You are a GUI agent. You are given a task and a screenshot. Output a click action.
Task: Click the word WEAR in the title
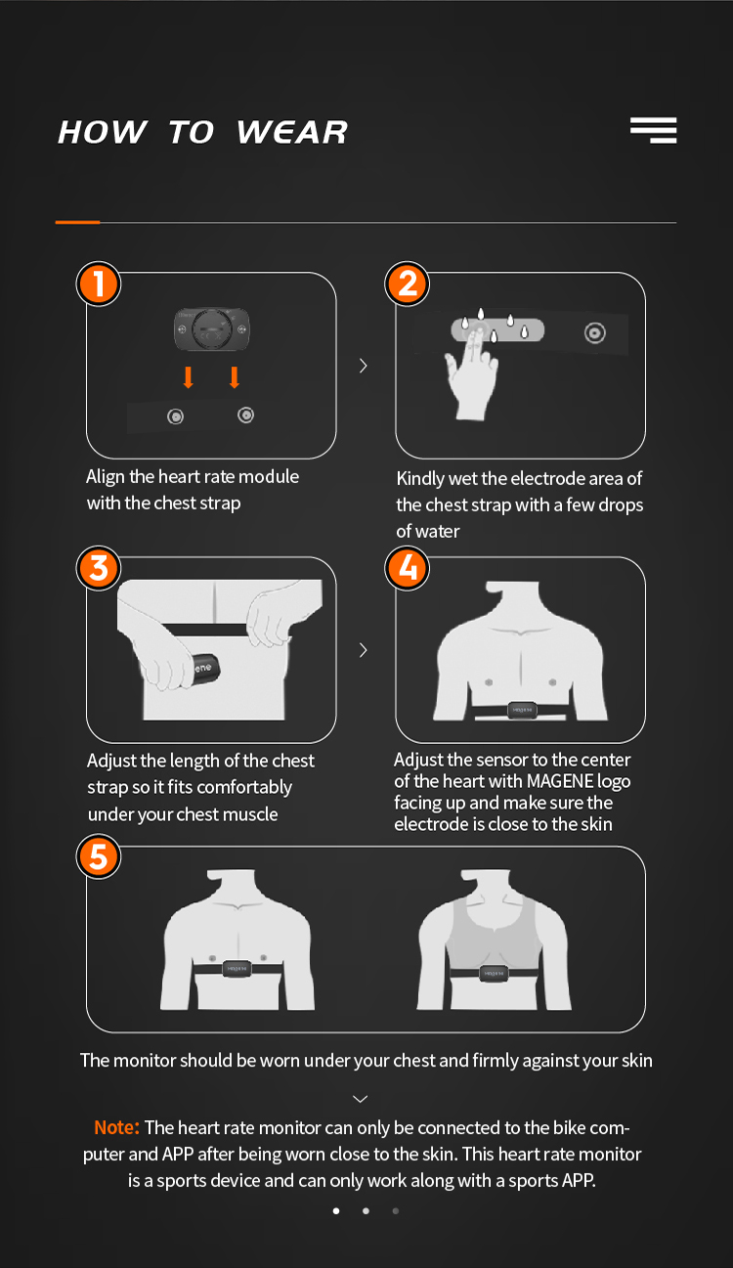[291, 132]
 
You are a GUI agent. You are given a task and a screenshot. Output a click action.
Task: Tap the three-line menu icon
[653, 130]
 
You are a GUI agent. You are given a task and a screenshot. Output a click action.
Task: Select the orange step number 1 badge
[99, 284]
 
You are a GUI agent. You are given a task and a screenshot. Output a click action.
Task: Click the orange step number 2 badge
[407, 284]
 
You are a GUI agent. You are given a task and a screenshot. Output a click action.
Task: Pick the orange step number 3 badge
[99, 568]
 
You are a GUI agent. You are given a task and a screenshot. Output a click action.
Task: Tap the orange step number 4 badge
[407, 568]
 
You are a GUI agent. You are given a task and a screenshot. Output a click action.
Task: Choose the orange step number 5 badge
[99, 855]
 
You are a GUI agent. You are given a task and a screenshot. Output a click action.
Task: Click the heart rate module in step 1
[212, 328]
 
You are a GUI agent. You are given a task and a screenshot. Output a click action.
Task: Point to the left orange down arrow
[189, 377]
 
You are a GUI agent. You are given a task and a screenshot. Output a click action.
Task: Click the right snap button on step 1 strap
[245, 415]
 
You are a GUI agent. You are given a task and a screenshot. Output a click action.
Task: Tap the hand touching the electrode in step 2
[471, 373]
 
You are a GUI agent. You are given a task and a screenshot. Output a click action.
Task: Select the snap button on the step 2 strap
[595, 332]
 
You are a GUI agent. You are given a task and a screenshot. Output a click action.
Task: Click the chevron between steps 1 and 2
[364, 366]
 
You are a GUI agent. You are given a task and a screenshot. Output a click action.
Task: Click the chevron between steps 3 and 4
[364, 650]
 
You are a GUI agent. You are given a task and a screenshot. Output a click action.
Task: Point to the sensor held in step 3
[204, 669]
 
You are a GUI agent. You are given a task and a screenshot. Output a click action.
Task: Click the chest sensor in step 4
[522, 710]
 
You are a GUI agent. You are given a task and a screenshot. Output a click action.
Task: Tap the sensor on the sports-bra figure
[494, 973]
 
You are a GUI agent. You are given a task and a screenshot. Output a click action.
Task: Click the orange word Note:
[116, 1127]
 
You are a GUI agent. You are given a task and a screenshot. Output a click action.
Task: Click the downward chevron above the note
[361, 1099]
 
